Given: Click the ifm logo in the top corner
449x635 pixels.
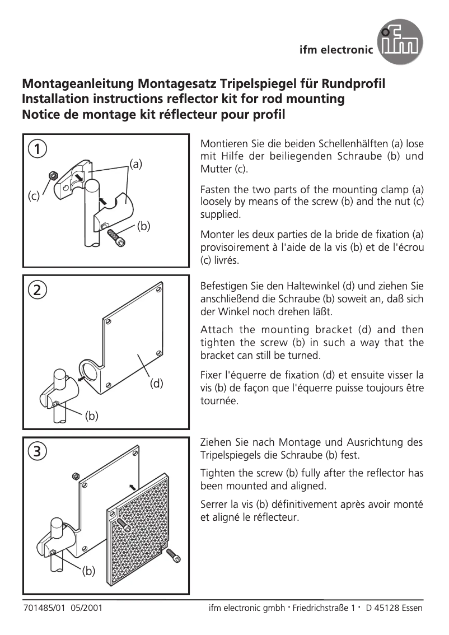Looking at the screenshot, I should click(x=400, y=41).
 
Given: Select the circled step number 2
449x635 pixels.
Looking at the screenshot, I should click(x=38, y=290).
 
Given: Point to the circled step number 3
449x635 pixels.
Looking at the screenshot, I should click(x=38, y=451).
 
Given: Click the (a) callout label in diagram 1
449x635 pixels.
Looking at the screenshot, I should click(x=135, y=164).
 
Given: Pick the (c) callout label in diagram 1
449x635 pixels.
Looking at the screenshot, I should click(x=35, y=197).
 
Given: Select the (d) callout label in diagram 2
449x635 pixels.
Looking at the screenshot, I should click(x=156, y=384).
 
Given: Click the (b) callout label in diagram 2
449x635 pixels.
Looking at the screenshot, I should click(x=91, y=415).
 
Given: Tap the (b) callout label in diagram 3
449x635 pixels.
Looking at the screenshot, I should click(x=88, y=572).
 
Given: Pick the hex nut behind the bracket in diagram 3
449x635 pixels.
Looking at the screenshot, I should click(x=76, y=477).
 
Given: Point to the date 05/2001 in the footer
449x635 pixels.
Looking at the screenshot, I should click(x=86, y=608).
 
